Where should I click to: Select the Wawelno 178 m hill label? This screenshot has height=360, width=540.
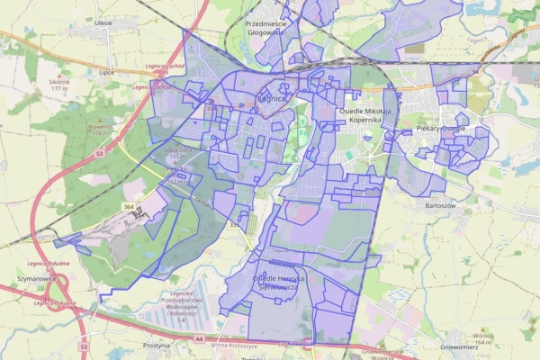[100, 130]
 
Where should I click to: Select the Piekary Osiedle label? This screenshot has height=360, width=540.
[440, 130]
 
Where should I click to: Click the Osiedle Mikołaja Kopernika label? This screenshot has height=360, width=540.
[366, 115]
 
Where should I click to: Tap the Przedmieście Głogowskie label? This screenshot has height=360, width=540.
[265, 28]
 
